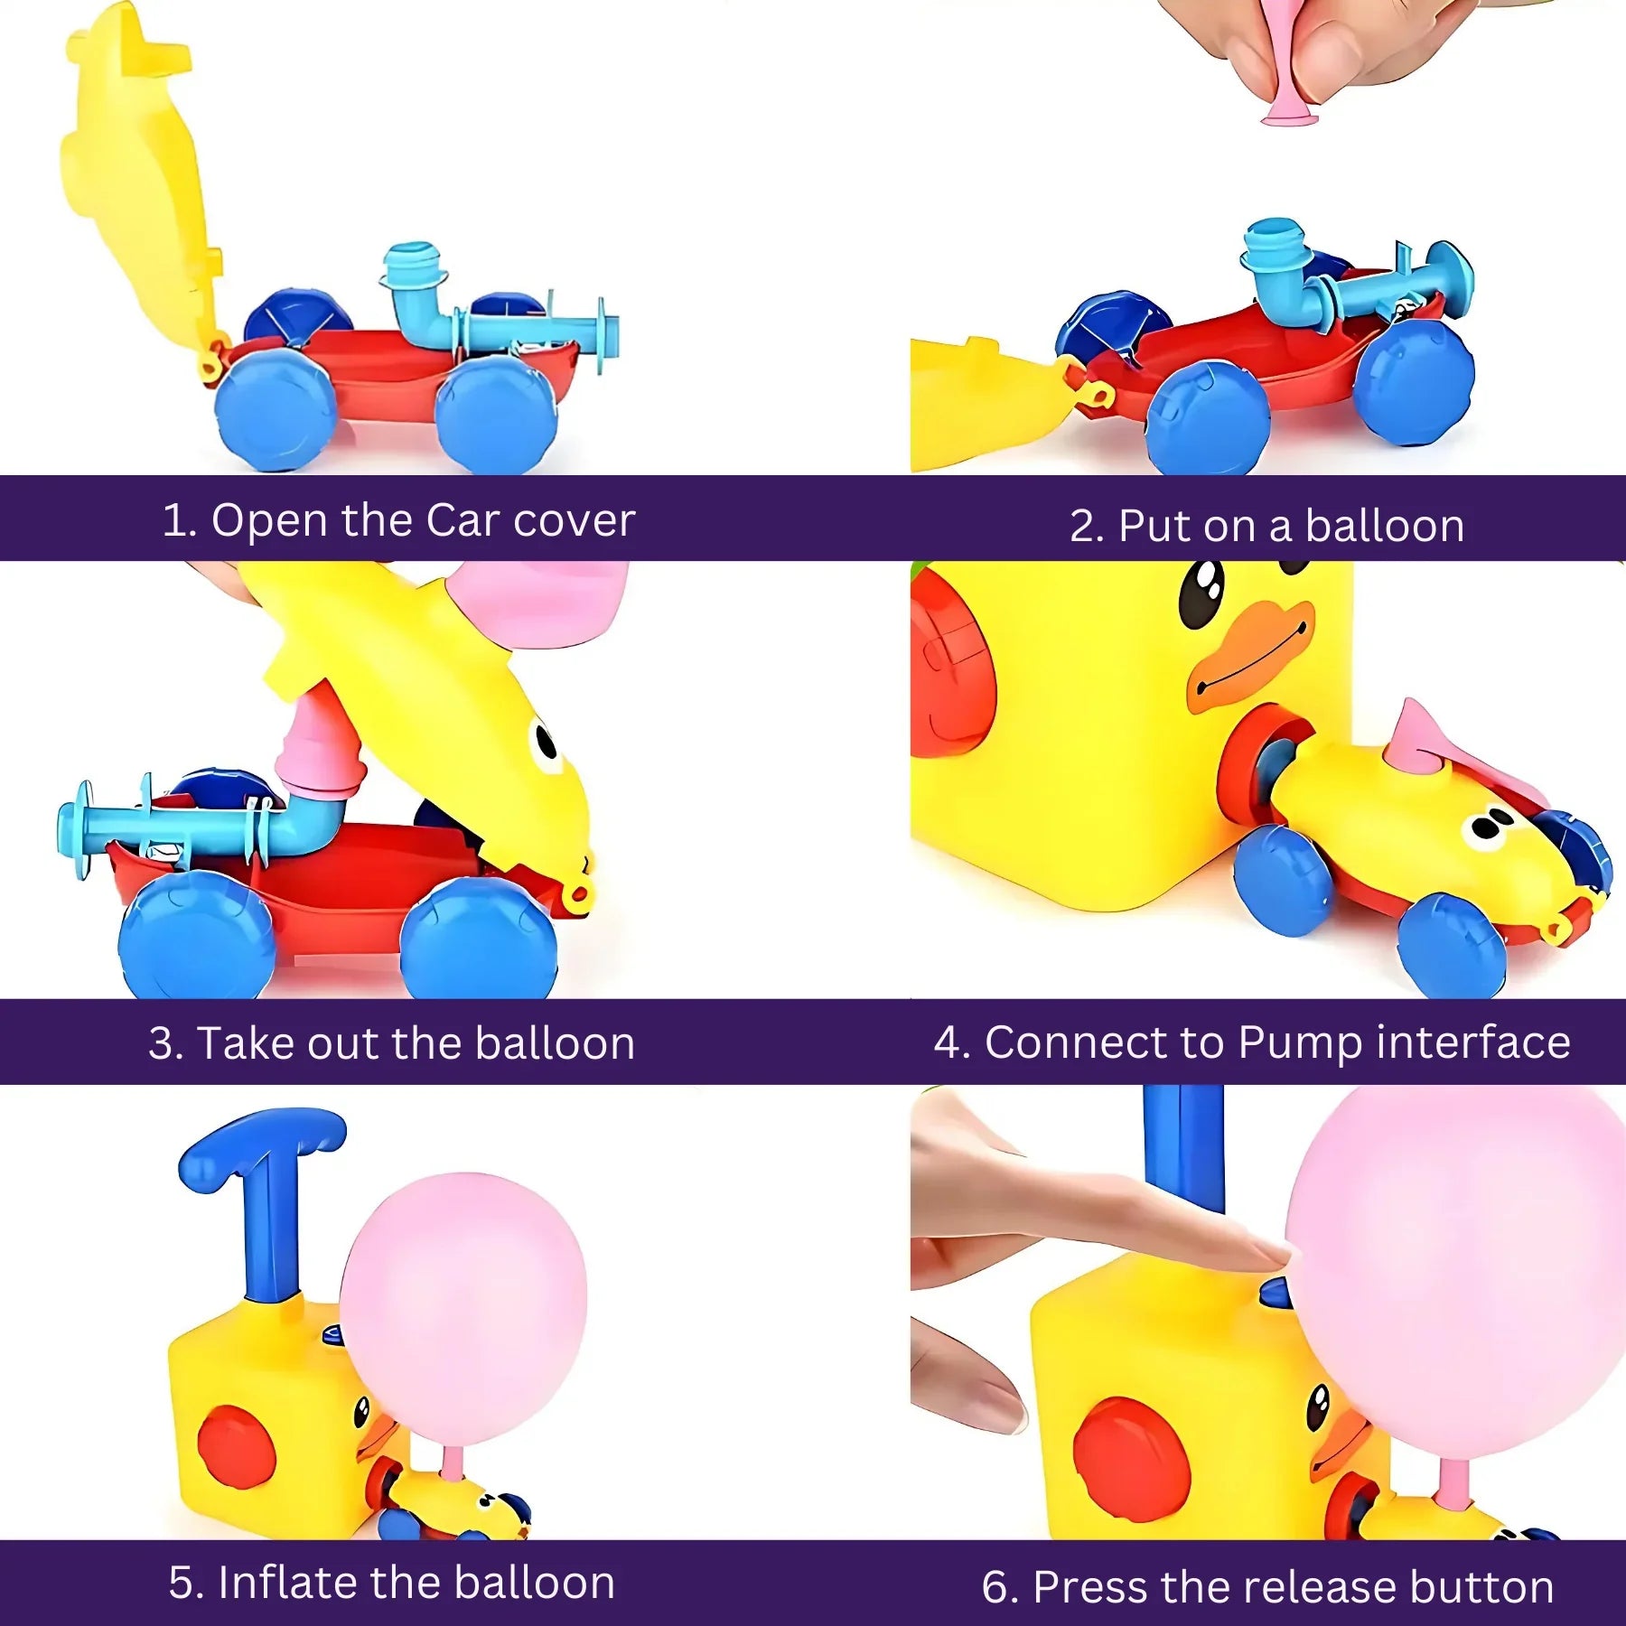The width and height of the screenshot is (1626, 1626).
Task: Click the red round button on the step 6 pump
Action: pos(1132,1459)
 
